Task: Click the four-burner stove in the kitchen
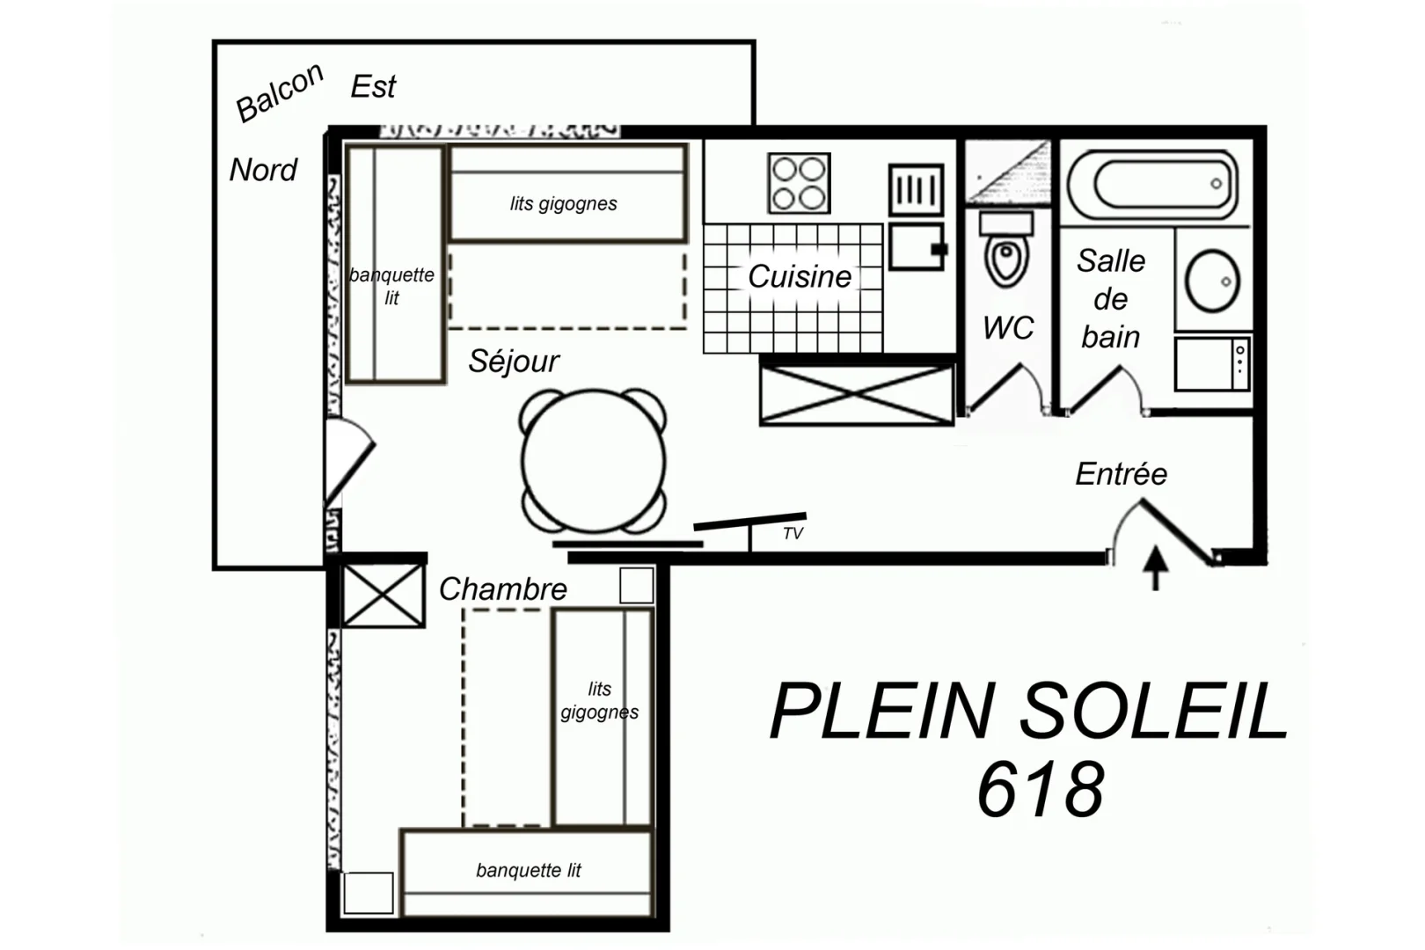click(799, 183)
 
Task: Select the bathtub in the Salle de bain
click(1153, 185)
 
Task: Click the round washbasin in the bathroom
click(1212, 281)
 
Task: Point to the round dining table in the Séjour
click(594, 461)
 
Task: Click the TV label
click(793, 533)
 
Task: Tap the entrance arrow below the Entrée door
click(1156, 568)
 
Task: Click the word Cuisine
click(800, 276)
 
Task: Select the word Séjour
click(514, 362)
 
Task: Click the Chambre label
click(502, 588)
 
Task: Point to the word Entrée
click(1121, 473)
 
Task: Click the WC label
click(1008, 328)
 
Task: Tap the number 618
click(1041, 789)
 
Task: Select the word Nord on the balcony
click(263, 170)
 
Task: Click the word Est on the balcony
click(374, 86)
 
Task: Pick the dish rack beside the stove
click(916, 190)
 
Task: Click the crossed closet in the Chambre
click(383, 596)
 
